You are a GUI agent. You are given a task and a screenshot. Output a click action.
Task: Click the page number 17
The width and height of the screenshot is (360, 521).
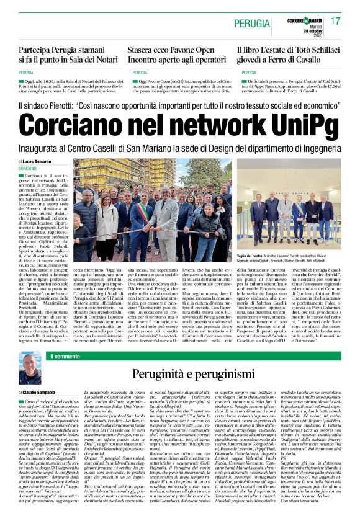tap(335, 22)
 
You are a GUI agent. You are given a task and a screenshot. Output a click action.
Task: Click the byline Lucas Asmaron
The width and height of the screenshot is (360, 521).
tap(39, 161)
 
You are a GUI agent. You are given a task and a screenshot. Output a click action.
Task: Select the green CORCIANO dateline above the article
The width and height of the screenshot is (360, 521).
tap(27, 168)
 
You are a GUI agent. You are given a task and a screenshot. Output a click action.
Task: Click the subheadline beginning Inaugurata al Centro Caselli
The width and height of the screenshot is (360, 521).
tap(179, 149)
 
